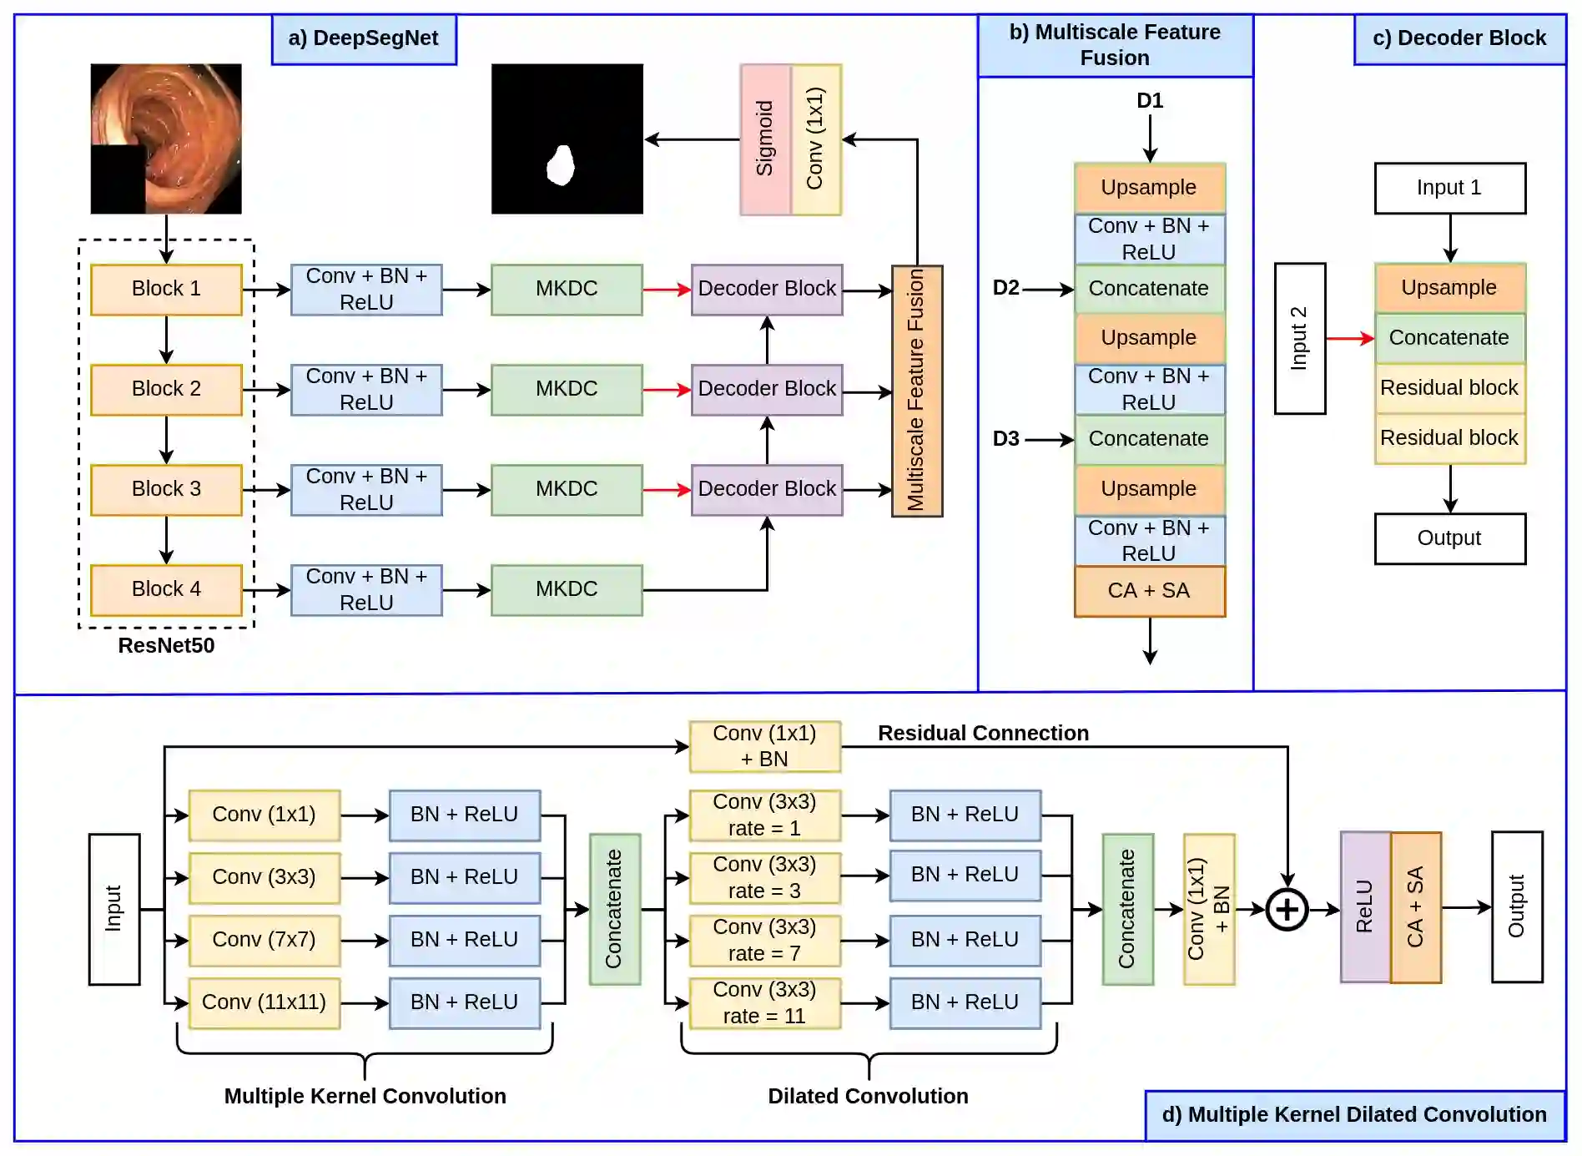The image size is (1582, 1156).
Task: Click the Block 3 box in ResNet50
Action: pyautogui.click(x=166, y=489)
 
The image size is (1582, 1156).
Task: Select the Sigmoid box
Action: pyautogui.click(x=765, y=139)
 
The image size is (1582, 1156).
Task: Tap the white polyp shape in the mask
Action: pyautogui.click(x=561, y=164)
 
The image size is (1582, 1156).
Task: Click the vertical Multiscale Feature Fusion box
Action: pyautogui.click(x=916, y=391)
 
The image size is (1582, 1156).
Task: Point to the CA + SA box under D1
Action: pyautogui.click(x=1149, y=591)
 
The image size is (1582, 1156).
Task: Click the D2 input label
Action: pyautogui.click(x=1005, y=288)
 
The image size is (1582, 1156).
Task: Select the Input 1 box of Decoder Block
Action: pyautogui.click(x=1449, y=188)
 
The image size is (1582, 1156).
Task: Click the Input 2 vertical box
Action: pyautogui.click(x=1299, y=338)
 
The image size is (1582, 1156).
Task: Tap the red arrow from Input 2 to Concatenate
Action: pyautogui.click(x=1349, y=338)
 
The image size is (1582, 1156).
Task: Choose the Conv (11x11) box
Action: pyautogui.click(x=264, y=1002)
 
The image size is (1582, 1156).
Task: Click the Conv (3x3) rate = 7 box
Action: pyautogui.click(x=764, y=941)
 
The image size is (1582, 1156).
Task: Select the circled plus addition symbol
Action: pyautogui.click(x=1287, y=909)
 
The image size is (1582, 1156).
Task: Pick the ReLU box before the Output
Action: pyautogui.click(x=1365, y=907)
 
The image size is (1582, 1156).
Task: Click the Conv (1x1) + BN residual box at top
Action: pyautogui.click(x=764, y=746)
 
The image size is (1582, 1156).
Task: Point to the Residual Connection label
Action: pyautogui.click(x=983, y=733)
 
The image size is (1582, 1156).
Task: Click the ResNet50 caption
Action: pyautogui.click(x=166, y=645)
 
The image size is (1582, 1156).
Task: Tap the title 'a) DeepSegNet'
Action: pyautogui.click(x=364, y=38)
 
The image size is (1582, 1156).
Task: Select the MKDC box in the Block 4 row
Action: pyautogui.click(x=567, y=589)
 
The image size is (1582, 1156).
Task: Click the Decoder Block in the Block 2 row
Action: pyautogui.click(x=767, y=389)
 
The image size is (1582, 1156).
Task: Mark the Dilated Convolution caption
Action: pyautogui.click(x=868, y=1096)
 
